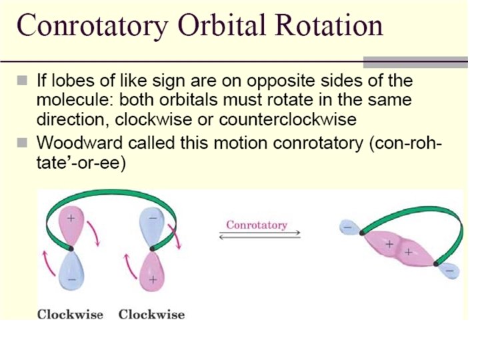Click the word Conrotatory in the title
[x=93, y=26]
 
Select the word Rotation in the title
[x=329, y=25]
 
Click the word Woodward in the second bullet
[x=79, y=143]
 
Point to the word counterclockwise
[x=288, y=119]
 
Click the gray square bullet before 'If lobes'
[x=23, y=80]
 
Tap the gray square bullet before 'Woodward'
[x=23, y=143]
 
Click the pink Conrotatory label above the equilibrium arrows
[x=257, y=225]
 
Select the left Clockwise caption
[x=70, y=315]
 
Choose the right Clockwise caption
[x=151, y=315]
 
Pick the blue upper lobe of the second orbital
[x=152, y=225]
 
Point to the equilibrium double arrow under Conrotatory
[x=260, y=235]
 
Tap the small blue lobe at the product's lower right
[x=449, y=271]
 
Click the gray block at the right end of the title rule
[x=415, y=62]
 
